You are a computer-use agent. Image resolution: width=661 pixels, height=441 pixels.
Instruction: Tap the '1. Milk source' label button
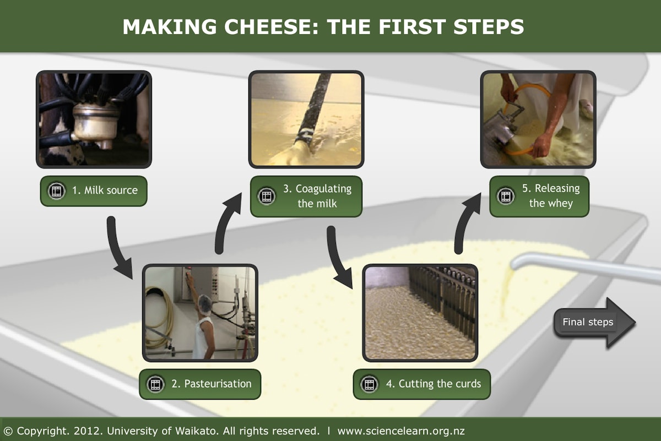(x=94, y=191)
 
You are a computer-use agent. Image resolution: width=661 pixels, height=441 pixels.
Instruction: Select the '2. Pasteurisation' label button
(x=200, y=384)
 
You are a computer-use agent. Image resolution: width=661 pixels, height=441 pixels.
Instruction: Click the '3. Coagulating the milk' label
(x=306, y=196)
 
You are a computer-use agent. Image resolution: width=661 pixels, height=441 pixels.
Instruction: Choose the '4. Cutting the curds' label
(x=422, y=384)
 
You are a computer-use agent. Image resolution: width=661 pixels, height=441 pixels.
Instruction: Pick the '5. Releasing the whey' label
(x=539, y=196)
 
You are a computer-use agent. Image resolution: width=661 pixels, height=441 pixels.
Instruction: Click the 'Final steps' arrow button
(x=594, y=323)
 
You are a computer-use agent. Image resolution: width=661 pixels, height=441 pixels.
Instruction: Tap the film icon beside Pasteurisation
(x=155, y=384)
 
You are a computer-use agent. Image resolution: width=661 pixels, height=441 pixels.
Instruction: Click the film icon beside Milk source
(x=56, y=191)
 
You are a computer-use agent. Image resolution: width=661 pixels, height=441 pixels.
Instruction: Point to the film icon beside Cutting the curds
(x=369, y=384)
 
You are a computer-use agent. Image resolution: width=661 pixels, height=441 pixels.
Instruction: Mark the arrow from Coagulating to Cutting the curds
(x=337, y=259)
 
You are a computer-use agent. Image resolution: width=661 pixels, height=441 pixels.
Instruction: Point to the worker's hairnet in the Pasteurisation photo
(x=205, y=305)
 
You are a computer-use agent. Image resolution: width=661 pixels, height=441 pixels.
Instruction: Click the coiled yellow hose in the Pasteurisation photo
(x=160, y=317)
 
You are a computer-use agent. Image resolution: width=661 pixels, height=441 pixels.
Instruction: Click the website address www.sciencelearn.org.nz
(x=401, y=431)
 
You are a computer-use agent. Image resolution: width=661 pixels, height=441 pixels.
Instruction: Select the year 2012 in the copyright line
(x=86, y=431)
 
